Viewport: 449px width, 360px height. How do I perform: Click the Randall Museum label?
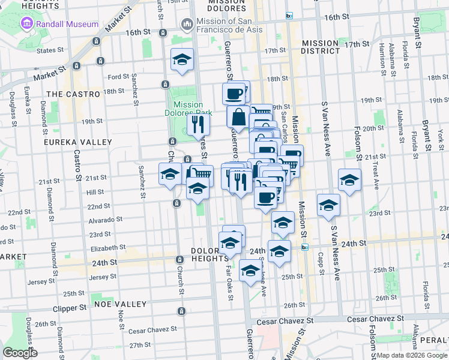click(67, 25)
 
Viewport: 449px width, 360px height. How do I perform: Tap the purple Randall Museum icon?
click(27, 25)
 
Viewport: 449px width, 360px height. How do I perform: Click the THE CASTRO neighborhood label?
click(73, 94)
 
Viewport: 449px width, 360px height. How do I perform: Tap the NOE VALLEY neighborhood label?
click(120, 304)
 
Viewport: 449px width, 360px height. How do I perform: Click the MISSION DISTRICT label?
click(321, 47)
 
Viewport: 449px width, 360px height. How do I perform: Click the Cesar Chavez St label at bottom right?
click(285, 322)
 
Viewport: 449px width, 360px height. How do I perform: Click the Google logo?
click(20, 353)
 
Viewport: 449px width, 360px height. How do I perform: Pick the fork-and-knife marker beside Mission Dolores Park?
click(198, 124)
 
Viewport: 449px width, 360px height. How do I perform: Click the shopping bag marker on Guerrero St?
click(238, 117)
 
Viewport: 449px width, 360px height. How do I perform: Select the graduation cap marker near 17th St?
click(182, 59)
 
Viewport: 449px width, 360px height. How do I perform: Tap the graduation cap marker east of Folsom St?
click(349, 179)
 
